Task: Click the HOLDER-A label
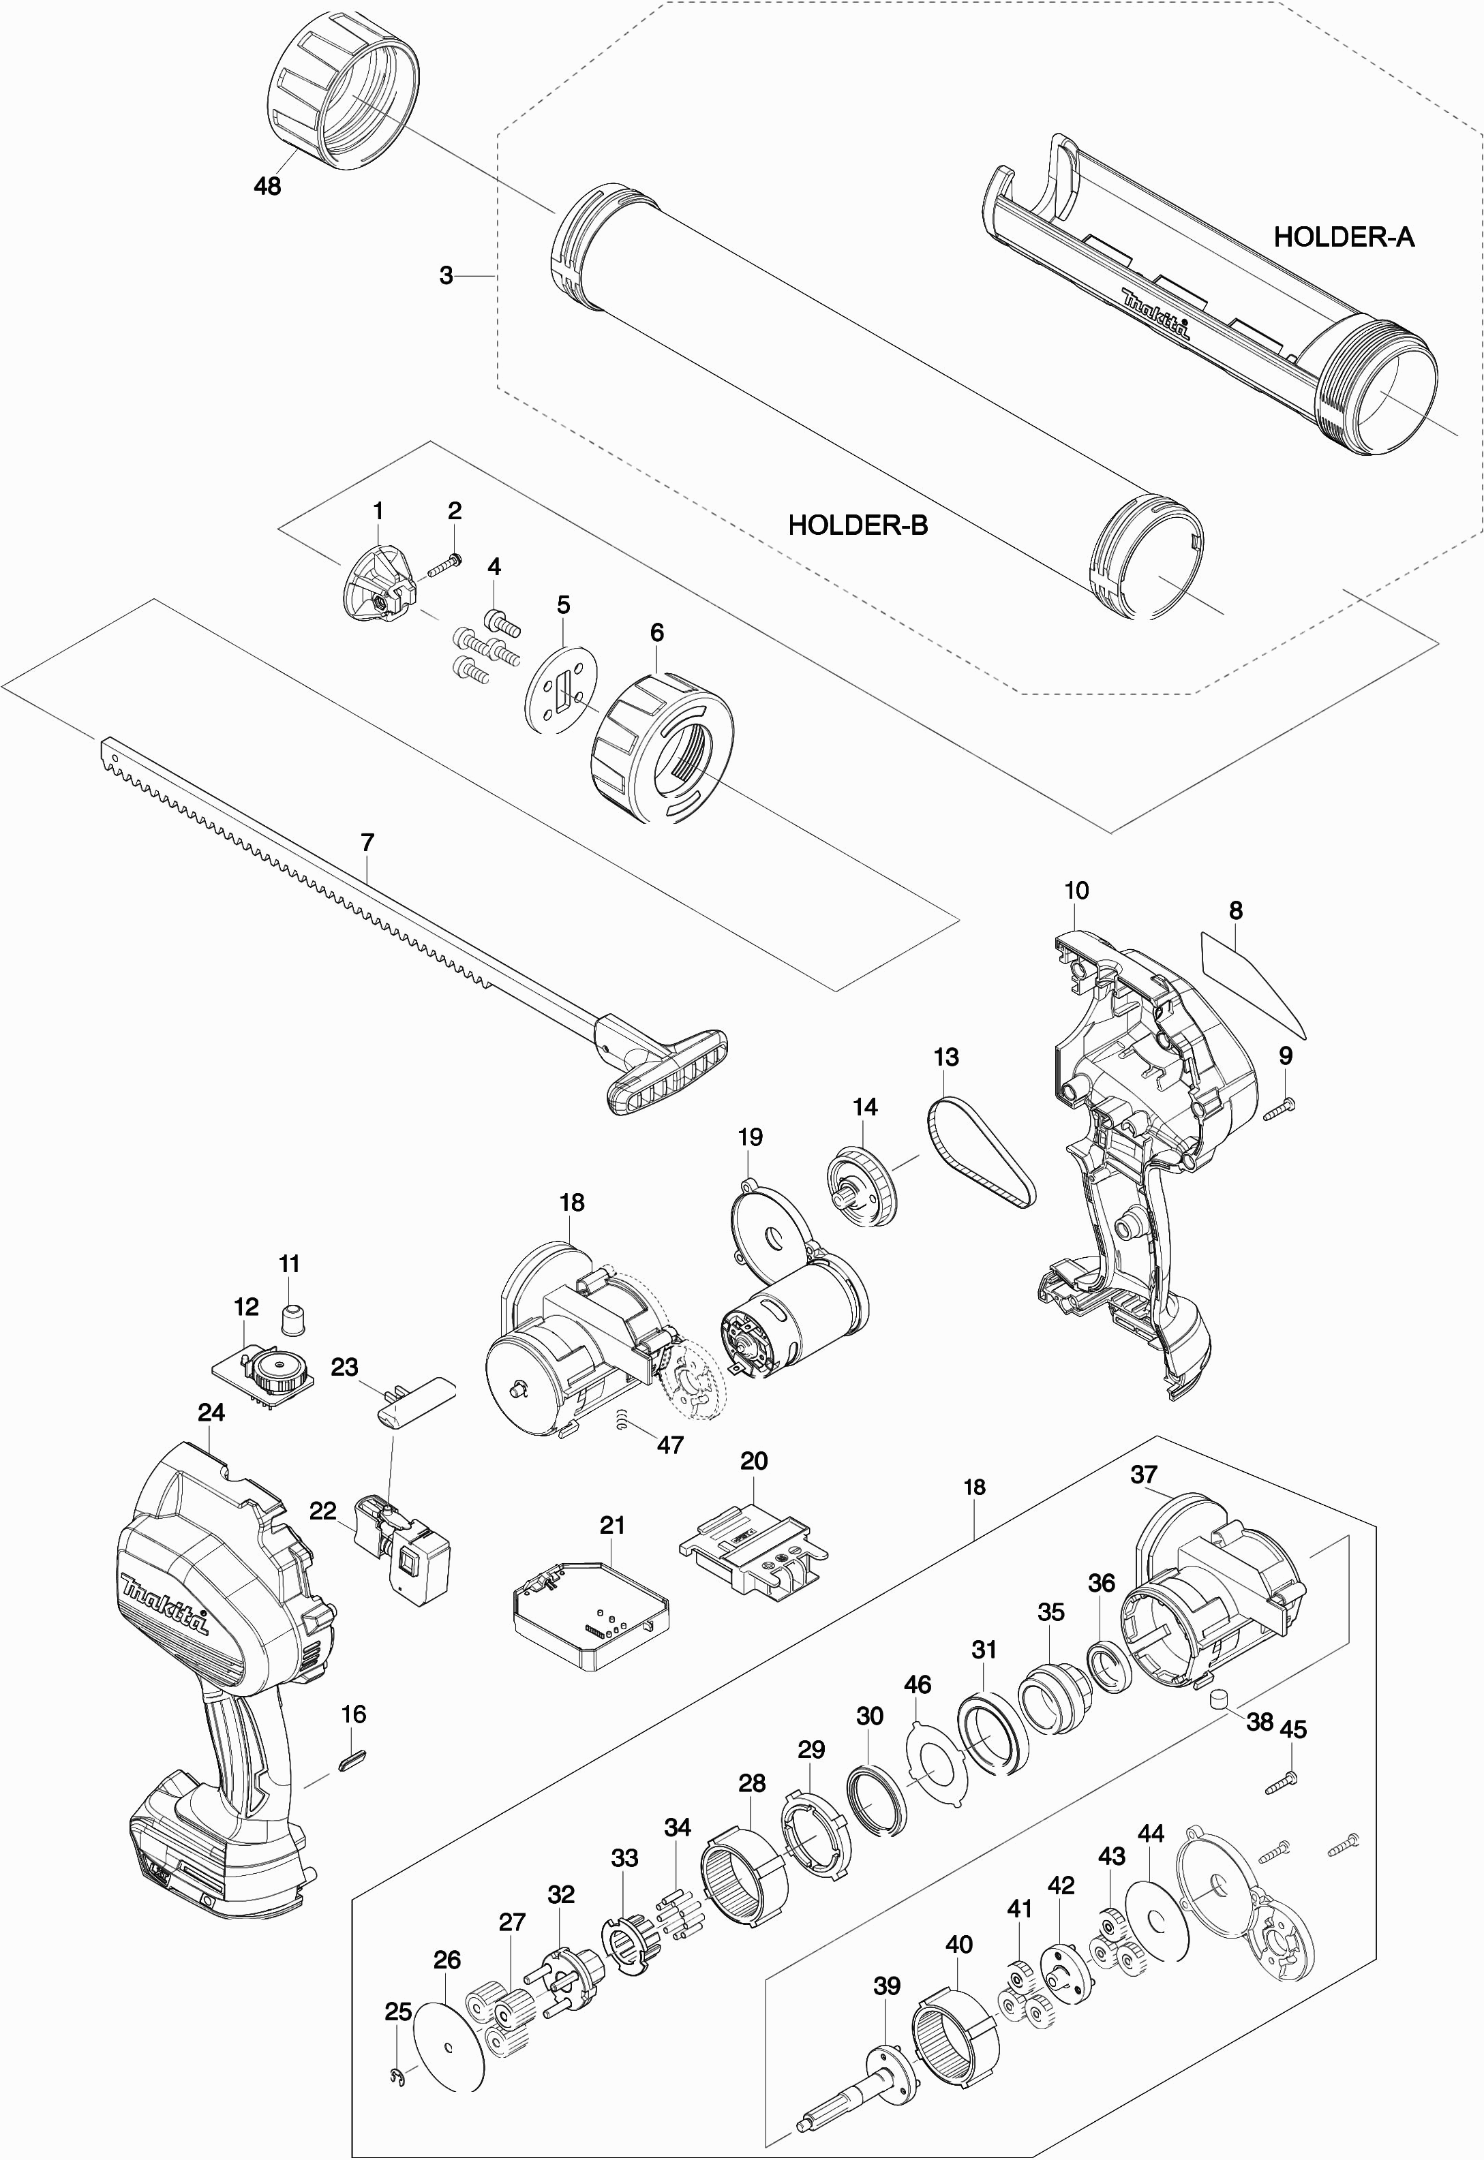point(1343,237)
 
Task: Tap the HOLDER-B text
point(858,525)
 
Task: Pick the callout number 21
point(612,1525)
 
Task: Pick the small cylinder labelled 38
point(1218,1698)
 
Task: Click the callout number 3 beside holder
point(446,275)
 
